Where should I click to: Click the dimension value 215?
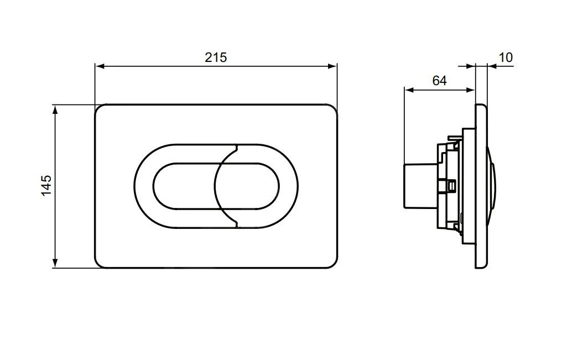[216, 57]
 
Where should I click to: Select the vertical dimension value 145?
[46, 185]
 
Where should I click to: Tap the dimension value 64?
[439, 81]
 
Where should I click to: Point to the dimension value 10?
[506, 57]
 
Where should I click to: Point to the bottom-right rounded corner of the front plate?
[333, 264]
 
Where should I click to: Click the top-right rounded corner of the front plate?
[333, 108]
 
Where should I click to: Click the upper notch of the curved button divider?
[237, 148]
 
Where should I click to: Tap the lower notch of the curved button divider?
[237, 224]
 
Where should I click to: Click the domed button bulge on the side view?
[494, 186]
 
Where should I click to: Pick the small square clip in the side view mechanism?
[451, 186]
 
